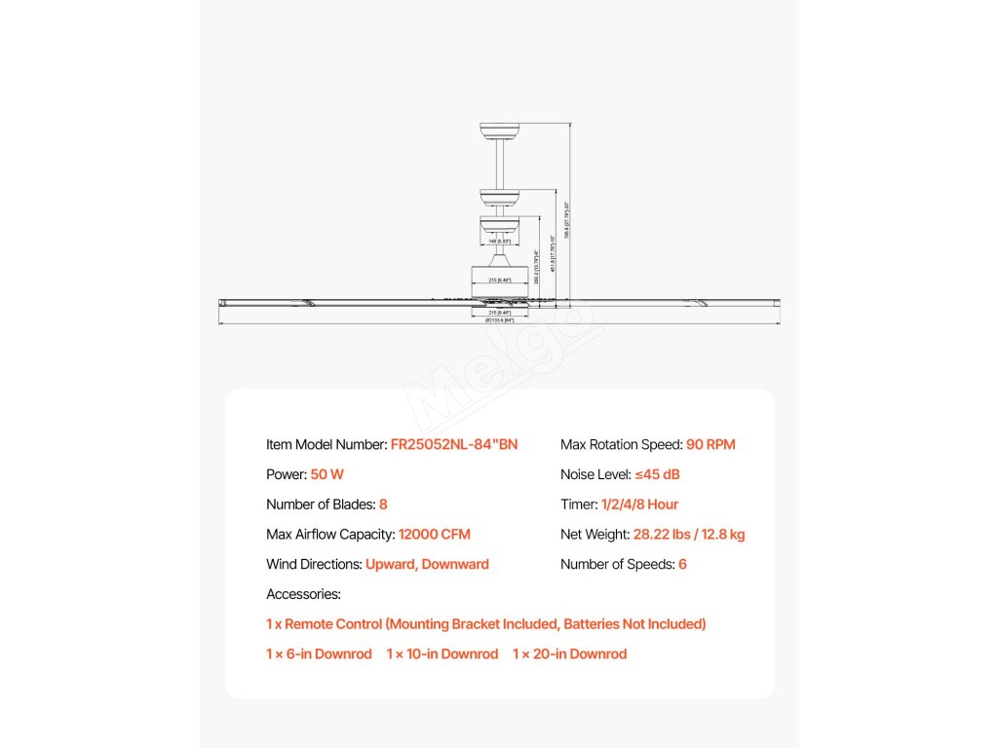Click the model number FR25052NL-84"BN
(454, 445)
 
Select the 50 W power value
(327, 475)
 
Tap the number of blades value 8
(383, 505)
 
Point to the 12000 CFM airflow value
(435, 535)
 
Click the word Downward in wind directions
(455, 565)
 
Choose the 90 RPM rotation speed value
(710, 445)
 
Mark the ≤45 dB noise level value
(657, 475)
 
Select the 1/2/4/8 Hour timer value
(639, 505)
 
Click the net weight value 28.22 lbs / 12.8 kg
(689, 535)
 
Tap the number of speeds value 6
(682, 565)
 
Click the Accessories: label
(303, 594)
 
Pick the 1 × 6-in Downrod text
(319, 654)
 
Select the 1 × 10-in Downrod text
(442, 654)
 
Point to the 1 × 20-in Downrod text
(570, 654)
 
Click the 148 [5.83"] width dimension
(499, 241)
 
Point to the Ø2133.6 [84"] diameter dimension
(499, 320)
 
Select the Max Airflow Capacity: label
(330, 535)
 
